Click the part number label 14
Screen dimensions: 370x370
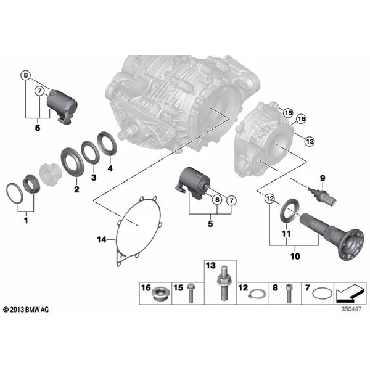click(102, 240)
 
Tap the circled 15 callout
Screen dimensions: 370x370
click(288, 113)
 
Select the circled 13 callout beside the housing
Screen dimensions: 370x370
click(310, 142)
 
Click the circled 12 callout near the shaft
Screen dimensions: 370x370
click(269, 199)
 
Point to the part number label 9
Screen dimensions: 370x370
click(323, 178)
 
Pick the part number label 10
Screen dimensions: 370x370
click(295, 256)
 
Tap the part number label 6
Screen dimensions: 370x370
click(38, 128)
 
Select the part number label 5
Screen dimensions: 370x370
click(210, 223)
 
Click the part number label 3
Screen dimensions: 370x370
click(94, 177)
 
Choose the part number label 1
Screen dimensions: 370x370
click(26, 221)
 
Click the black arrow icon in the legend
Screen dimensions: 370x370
click(350, 294)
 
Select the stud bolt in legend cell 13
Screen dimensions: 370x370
click(223, 283)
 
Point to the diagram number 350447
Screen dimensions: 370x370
click(351, 309)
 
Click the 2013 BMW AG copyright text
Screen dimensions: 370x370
click(26, 310)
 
